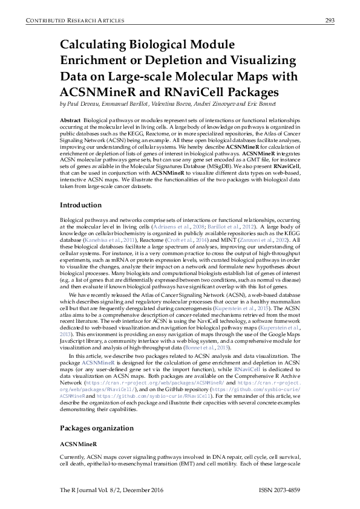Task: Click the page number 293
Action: [x=330, y=21]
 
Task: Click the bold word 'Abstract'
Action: [x=70, y=122]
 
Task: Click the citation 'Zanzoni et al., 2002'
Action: [x=269, y=239]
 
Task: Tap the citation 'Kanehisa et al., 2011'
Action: [x=112, y=239]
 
